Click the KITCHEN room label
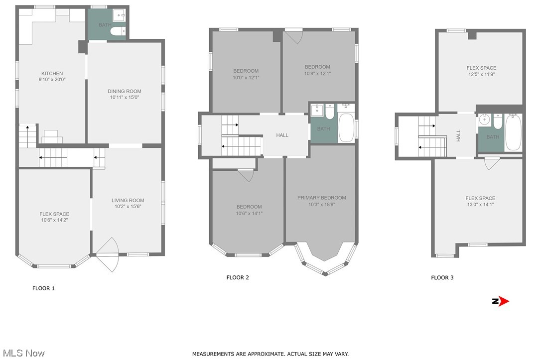tap(52, 74)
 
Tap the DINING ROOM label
tap(125, 91)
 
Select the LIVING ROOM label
tap(128, 201)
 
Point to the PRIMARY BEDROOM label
tap(321, 198)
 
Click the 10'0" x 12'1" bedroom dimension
tap(246, 78)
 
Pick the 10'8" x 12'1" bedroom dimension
tap(317, 74)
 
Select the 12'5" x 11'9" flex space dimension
tap(481, 75)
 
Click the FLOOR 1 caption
tap(43, 288)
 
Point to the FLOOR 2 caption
tap(238, 277)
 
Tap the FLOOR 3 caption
tap(442, 277)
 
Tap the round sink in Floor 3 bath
tap(484, 120)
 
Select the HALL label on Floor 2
tap(282, 135)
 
